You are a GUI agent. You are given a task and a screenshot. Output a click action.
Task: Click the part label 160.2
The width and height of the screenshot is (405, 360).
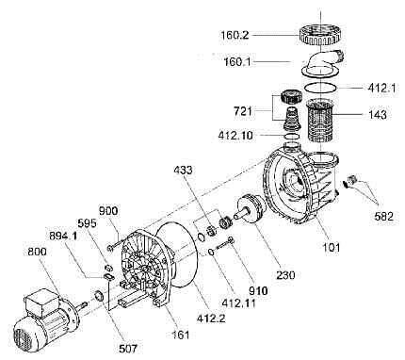tap(234, 35)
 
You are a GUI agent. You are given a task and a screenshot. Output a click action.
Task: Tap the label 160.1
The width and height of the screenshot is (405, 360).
tap(237, 62)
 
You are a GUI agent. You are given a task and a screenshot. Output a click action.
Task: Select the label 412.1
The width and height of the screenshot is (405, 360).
tap(381, 88)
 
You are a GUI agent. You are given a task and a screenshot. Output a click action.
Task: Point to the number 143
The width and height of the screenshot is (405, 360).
tap(377, 115)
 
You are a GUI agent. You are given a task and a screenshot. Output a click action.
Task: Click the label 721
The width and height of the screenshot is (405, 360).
tap(242, 110)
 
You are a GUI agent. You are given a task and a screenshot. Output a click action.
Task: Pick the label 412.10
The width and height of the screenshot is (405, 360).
tap(235, 136)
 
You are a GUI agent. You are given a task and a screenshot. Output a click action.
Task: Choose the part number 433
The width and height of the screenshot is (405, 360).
tap(184, 171)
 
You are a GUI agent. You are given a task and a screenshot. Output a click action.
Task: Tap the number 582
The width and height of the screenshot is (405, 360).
tap(383, 216)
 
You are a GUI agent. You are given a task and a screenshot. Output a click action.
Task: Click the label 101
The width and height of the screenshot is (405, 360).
tap(332, 247)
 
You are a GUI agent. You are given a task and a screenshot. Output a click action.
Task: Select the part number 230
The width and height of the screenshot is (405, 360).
tap(285, 275)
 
